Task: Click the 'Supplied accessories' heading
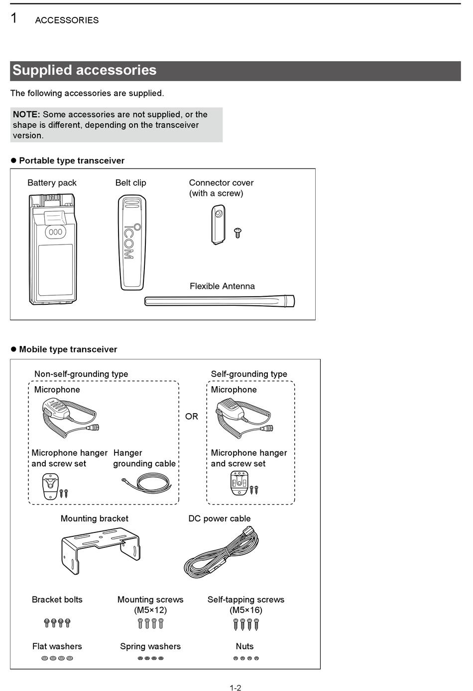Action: [x=85, y=70]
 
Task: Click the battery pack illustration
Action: [x=53, y=249]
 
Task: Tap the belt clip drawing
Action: [x=131, y=242]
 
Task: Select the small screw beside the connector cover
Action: [x=237, y=233]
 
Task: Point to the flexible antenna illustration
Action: [x=219, y=301]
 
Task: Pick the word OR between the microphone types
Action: [x=192, y=417]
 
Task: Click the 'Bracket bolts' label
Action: [x=57, y=600]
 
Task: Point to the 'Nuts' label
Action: [x=244, y=646]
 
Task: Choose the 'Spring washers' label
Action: [x=150, y=646]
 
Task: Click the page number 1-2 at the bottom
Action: [x=236, y=688]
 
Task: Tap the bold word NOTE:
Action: [x=26, y=114]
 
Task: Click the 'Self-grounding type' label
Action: [x=249, y=374]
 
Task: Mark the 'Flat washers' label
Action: [x=57, y=646]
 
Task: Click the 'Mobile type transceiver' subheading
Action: [x=68, y=349]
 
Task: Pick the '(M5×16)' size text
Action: [x=246, y=610]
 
